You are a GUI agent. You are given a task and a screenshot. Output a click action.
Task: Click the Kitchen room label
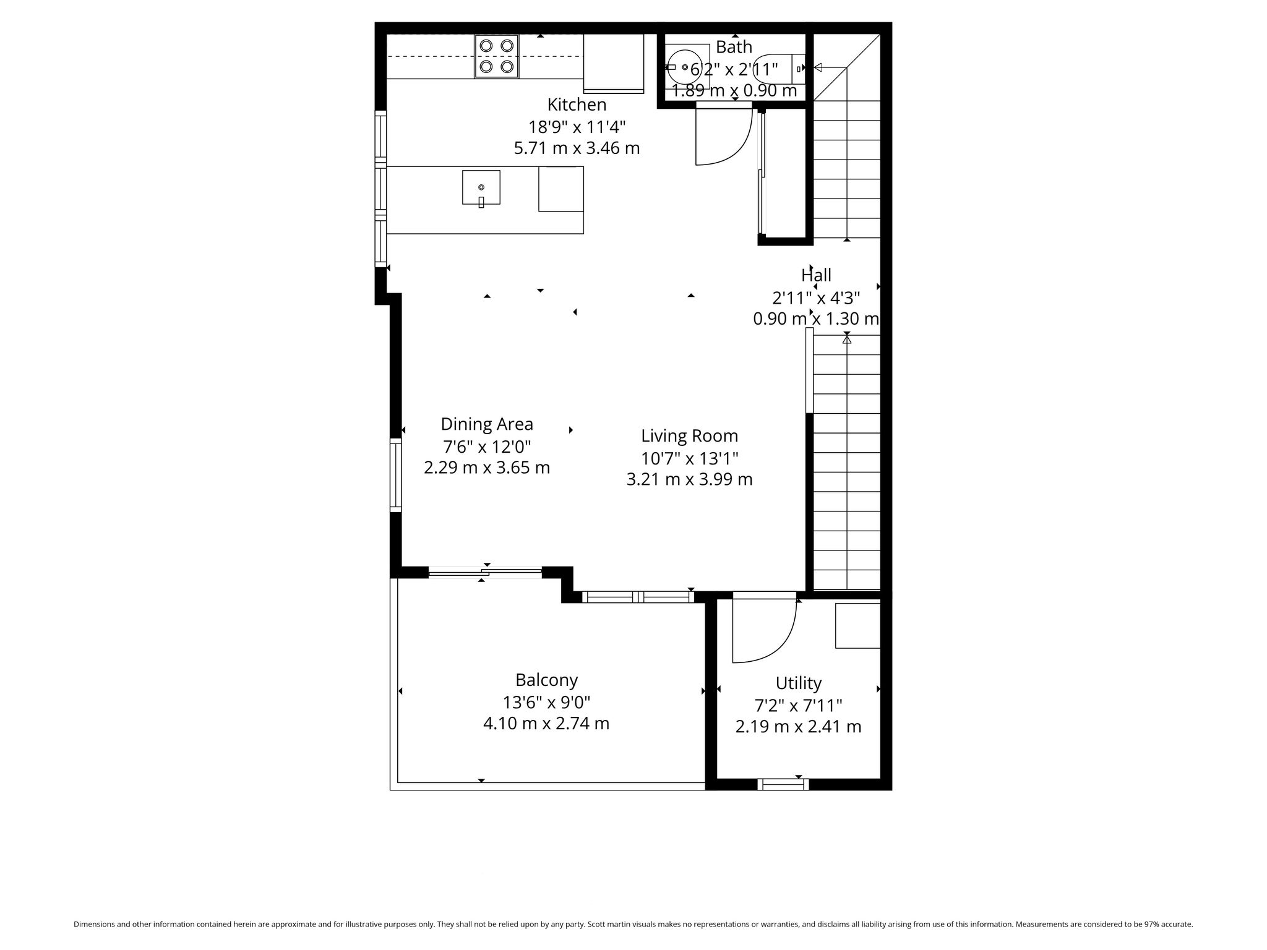coord(577,105)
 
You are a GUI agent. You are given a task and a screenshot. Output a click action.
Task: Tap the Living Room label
coord(689,436)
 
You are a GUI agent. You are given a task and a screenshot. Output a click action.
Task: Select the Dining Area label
coord(487,424)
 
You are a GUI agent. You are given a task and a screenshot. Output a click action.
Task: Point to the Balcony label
coord(546,680)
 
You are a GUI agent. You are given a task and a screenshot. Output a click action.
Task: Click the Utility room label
coord(798,683)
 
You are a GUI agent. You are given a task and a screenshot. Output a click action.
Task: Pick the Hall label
coord(816,275)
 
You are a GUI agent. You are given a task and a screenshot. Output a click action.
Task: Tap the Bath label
coord(734,47)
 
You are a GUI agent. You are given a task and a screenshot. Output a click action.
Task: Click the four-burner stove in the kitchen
coord(497,56)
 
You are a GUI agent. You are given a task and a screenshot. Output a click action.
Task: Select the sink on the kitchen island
coord(481,187)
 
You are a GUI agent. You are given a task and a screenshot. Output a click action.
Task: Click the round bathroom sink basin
coord(684,67)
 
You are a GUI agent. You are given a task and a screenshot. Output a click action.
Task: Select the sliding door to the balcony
coord(485,573)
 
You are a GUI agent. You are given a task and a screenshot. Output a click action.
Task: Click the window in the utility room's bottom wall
coord(783,784)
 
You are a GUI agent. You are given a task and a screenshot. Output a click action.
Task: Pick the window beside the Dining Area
coord(396,475)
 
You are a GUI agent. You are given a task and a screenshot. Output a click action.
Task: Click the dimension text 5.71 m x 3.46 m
coord(577,148)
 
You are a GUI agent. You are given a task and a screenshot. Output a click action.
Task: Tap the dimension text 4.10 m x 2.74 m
coord(546,723)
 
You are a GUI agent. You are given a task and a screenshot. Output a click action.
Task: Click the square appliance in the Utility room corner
coord(857,625)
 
